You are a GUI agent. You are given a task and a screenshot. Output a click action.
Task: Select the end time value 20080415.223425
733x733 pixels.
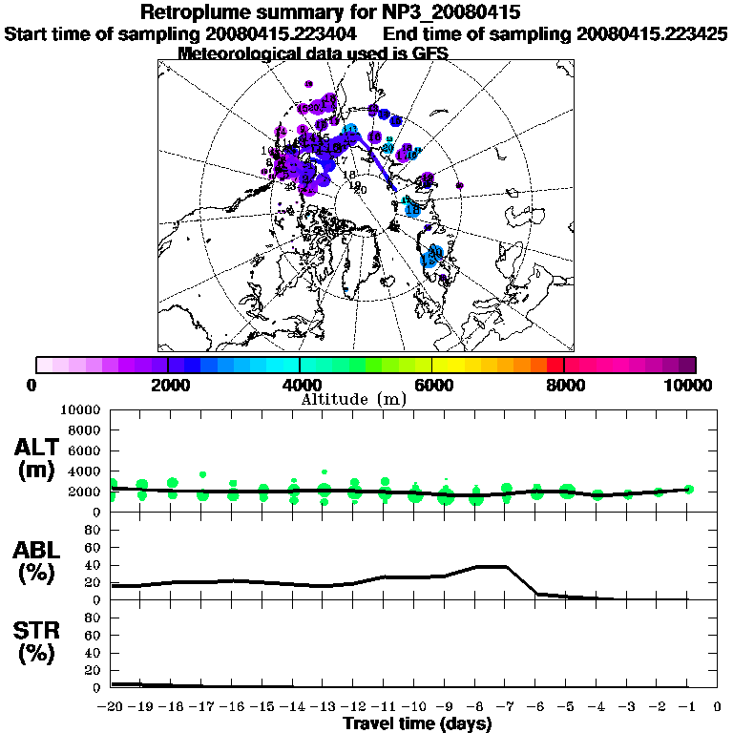click(652, 34)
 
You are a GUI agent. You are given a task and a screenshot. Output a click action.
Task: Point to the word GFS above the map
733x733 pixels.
click(430, 53)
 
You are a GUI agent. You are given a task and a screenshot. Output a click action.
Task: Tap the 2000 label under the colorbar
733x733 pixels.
click(167, 385)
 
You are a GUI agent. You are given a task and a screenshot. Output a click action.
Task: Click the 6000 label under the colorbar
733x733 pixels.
click(432, 385)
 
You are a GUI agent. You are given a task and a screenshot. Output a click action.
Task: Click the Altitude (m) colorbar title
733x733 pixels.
click(354, 399)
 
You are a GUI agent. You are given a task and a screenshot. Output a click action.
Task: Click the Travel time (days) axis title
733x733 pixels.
click(417, 724)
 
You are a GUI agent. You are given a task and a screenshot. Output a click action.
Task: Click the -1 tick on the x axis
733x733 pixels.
click(686, 707)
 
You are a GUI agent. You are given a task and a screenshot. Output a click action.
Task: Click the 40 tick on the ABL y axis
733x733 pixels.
click(94, 564)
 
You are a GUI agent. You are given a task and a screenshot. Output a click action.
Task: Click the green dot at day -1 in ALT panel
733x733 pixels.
click(689, 489)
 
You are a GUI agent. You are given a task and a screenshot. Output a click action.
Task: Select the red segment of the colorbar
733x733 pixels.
click(556, 364)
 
